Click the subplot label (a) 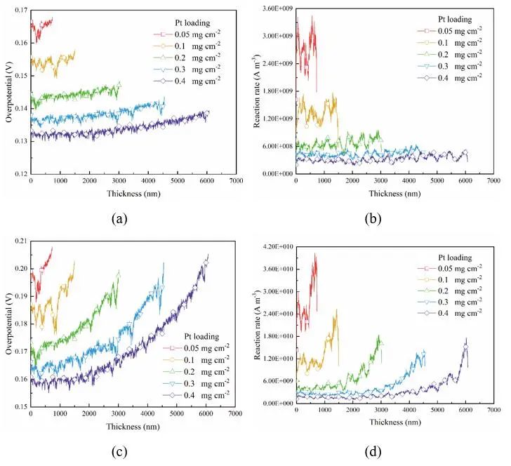click(119, 218)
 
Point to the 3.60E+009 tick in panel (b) click(273, 8)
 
